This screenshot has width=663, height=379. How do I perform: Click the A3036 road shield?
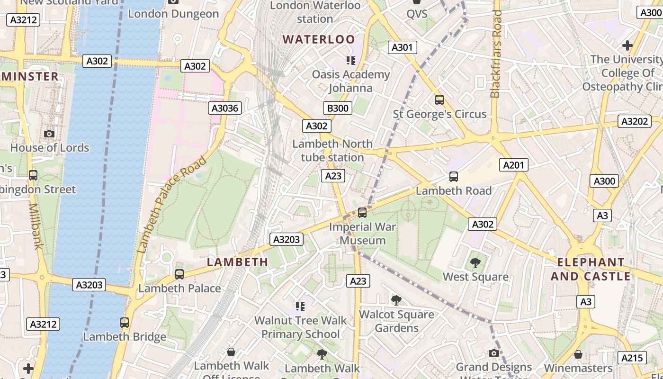225,108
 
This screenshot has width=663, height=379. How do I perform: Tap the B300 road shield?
338,108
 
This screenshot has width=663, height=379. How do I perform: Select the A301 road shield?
403,47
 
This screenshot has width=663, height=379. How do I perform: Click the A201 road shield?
514,165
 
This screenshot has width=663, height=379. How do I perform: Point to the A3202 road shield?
635,122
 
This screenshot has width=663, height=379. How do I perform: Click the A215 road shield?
632,358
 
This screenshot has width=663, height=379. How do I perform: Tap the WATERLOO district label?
319,39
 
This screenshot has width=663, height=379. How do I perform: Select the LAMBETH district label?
238,262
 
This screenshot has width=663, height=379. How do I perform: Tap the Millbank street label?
36,226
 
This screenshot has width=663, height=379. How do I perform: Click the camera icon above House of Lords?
49,134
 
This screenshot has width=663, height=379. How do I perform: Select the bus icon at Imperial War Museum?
362,213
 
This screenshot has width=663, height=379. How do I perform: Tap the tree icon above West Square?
475,263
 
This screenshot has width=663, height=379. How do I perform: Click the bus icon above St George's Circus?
439,100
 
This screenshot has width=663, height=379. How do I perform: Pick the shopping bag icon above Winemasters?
578,354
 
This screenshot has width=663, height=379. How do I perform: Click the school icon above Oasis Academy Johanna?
350,60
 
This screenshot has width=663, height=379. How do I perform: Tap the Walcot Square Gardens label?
396,321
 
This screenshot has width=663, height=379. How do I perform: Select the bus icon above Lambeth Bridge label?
125,323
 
